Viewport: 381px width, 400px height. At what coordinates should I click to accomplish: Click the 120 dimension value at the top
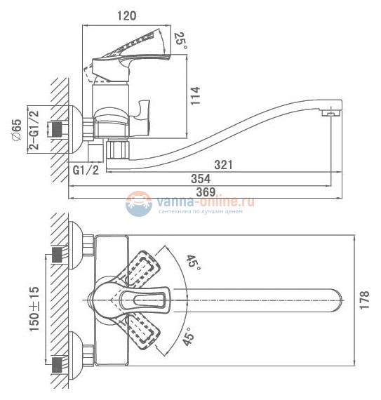(127, 15)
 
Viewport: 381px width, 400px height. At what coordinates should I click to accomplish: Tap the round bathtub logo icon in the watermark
(138, 204)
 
